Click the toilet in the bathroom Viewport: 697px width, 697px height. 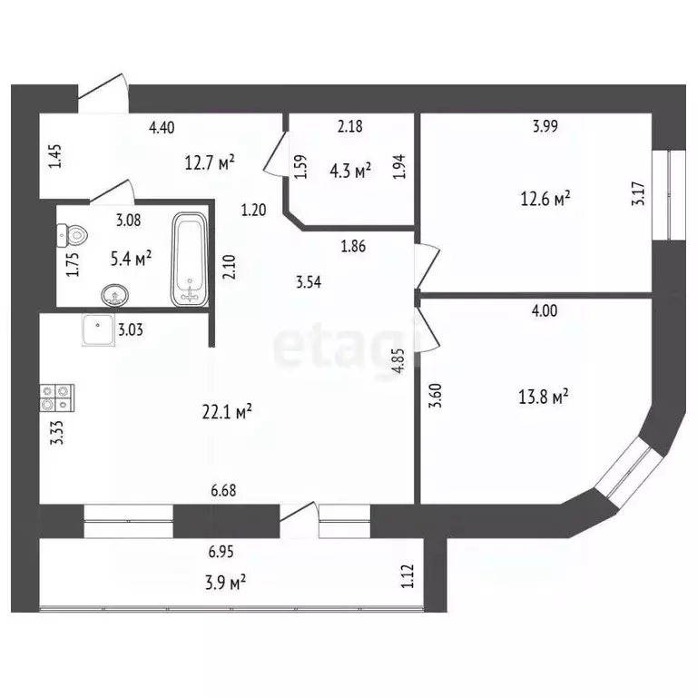tap(75, 235)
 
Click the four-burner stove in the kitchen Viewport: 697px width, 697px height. tap(57, 396)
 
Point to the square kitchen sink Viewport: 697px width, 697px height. tap(96, 330)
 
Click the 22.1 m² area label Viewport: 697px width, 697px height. tap(226, 411)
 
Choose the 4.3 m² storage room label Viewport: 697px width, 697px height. tap(349, 170)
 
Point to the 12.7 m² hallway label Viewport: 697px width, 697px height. tap(210, 162)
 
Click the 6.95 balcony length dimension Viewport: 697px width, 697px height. tap(224, 551)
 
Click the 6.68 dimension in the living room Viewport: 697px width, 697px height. tap(225, 490)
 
